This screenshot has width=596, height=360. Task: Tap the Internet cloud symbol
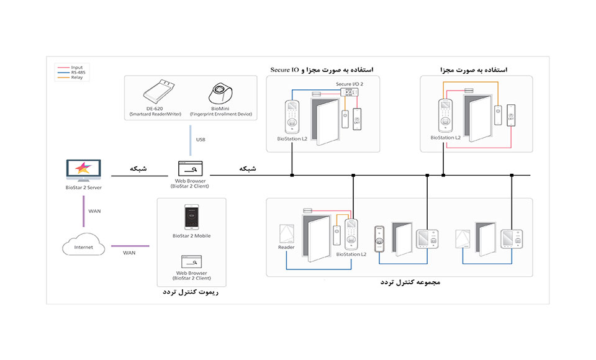coord(83,246)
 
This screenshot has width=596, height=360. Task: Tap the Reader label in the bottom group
coord(286,247)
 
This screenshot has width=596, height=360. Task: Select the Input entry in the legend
coord(77,67)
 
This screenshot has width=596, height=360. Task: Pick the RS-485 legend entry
coord(78,73)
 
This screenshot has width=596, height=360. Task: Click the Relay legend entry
coord(77,78)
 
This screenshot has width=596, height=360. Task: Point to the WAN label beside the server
coord(94,211)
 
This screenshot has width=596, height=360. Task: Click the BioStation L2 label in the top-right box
coord(446,138)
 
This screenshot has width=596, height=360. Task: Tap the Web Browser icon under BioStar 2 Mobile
coord(191,261)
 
